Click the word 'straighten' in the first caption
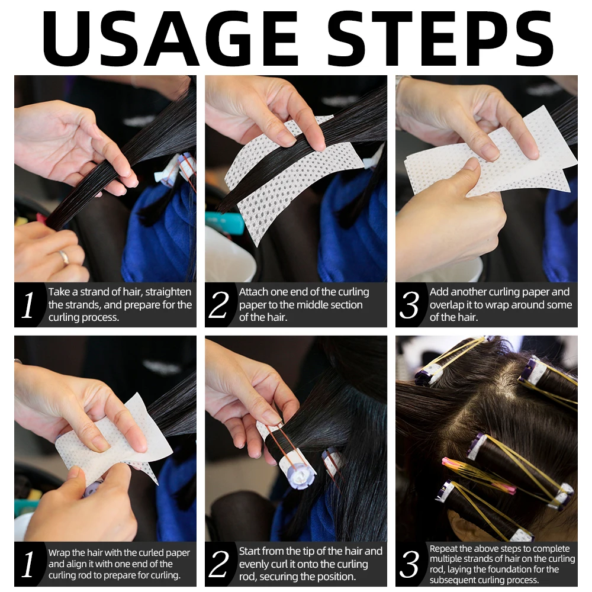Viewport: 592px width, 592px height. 168,292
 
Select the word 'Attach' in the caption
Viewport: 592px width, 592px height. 253,292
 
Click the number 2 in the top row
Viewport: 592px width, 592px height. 218,304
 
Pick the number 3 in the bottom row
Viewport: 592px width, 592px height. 409,564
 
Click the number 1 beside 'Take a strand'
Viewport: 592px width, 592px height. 28,304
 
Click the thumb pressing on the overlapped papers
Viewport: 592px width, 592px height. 472,174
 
